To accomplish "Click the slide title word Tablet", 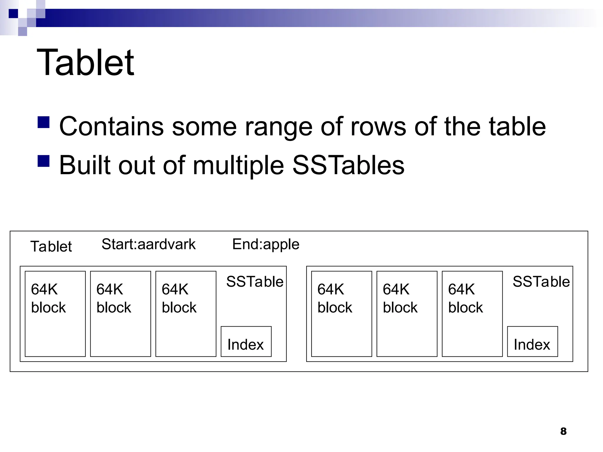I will pos(85,62).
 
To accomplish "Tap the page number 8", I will pos(563,431).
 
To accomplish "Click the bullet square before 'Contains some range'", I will pos(44,122).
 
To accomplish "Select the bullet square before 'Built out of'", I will pos(44,161).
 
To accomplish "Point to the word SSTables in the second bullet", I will pos(348,165).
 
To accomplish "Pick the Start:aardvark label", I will pos(148,244).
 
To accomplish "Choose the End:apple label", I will pos(266,244).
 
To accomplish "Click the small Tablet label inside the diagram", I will pos(51,246).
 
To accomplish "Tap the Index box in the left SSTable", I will pos(246,342).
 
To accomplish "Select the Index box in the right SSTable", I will pos(532,342).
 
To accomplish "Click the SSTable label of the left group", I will pos(255,282).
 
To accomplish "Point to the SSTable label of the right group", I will pos(541,282).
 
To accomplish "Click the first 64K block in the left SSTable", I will pos(55,314).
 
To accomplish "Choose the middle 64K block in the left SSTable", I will pos(120,314).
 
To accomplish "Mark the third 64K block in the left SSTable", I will pos(186,314).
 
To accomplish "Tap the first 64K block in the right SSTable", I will pos(342,314).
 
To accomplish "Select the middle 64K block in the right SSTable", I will pos(407,314).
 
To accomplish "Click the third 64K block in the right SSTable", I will pos(472,314).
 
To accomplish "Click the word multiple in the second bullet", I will pos(238,166).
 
